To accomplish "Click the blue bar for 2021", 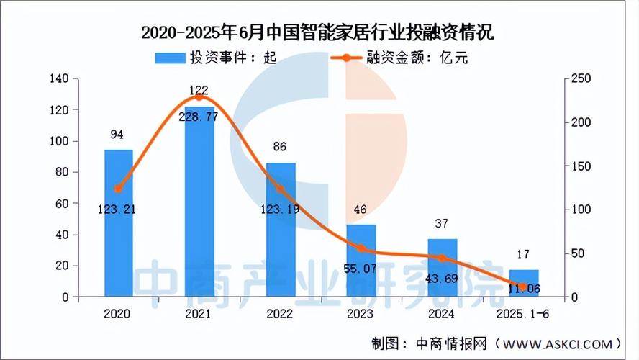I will pos(199,202).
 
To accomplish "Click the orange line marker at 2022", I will pos(281,189).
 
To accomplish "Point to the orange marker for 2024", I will pos(443,258).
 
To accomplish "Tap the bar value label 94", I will pos(119,134).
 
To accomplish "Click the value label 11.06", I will pos(524,288).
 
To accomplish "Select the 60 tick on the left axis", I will pos(63,204).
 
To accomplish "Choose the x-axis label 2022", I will pos(281,315).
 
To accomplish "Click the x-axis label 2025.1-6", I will pos(524,315).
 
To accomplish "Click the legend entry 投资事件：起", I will pos(216,58).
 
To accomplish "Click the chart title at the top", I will pos(319,33).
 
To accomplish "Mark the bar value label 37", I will pos(443,224).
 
